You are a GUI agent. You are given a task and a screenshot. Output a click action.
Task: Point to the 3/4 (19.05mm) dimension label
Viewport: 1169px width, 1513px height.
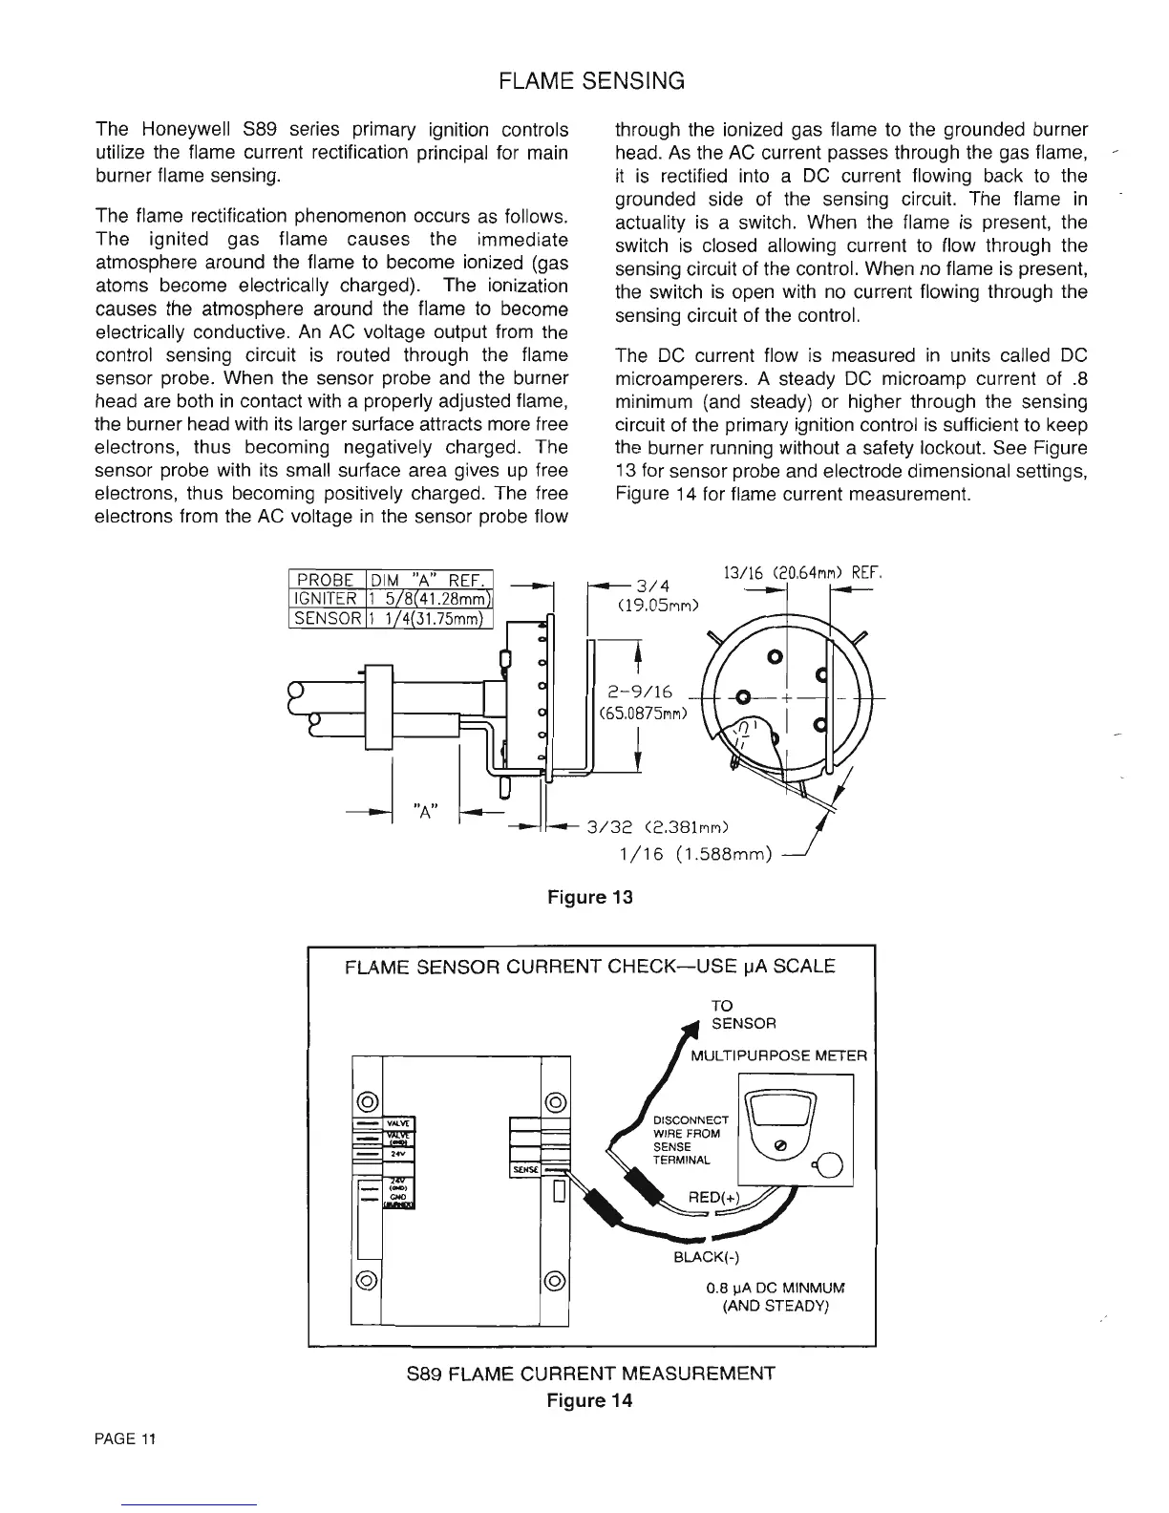(x=658, y=594)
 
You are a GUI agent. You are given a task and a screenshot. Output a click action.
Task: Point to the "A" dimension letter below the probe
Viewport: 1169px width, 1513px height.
(x=425, y=811)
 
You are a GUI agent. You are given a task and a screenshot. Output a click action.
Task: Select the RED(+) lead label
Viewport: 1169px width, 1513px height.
(x=712, y=1200)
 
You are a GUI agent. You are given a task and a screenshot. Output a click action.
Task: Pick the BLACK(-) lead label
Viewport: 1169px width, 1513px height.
(x=702, y=1258)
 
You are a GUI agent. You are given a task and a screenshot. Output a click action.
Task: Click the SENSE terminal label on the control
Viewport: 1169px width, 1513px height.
(x=524, y=1169)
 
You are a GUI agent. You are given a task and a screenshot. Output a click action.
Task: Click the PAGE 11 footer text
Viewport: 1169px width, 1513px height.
(x=125, y=1439)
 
